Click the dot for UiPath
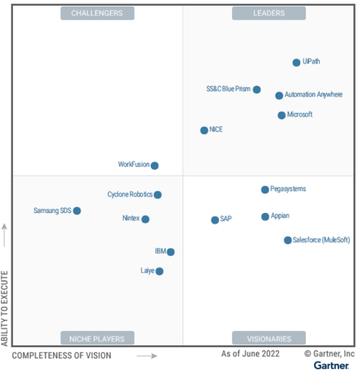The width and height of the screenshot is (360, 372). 296,63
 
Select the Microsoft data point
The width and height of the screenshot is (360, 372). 282,115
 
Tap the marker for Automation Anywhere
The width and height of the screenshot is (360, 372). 279,95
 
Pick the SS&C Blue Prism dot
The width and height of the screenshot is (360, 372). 256,89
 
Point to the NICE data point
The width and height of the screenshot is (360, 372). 204,130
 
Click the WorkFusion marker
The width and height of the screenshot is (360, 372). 154,165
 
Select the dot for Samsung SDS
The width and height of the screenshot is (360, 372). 77,211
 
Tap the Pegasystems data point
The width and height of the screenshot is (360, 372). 264,189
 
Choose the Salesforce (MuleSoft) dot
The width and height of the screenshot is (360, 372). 287,240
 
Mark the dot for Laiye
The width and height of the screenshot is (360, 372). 159,271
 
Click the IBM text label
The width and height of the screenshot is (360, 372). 160,251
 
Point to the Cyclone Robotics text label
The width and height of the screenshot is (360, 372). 130,194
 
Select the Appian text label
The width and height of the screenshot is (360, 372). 280,216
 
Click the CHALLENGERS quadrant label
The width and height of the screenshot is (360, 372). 97,13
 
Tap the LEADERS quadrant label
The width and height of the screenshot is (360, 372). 269,13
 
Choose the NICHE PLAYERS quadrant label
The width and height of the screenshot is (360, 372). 97,338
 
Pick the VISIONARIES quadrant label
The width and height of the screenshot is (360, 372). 269,338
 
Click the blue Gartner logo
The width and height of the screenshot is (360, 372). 331,366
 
